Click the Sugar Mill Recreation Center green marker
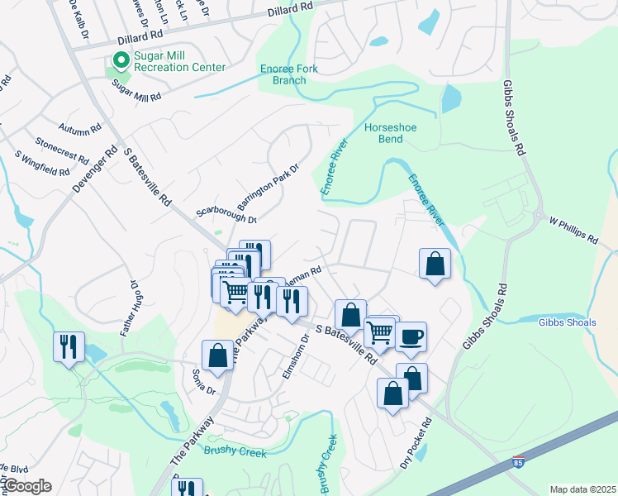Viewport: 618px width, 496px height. [121, 60]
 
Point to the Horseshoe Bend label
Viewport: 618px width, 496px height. [384, 133]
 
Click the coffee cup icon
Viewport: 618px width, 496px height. [411, 336]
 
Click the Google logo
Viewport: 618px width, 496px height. [27, 486]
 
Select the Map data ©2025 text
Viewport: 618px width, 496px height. [582, 489]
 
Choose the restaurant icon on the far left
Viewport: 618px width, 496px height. [68, 346]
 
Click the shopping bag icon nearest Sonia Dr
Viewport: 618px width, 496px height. [217, 355]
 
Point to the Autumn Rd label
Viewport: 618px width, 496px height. [79, 129]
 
